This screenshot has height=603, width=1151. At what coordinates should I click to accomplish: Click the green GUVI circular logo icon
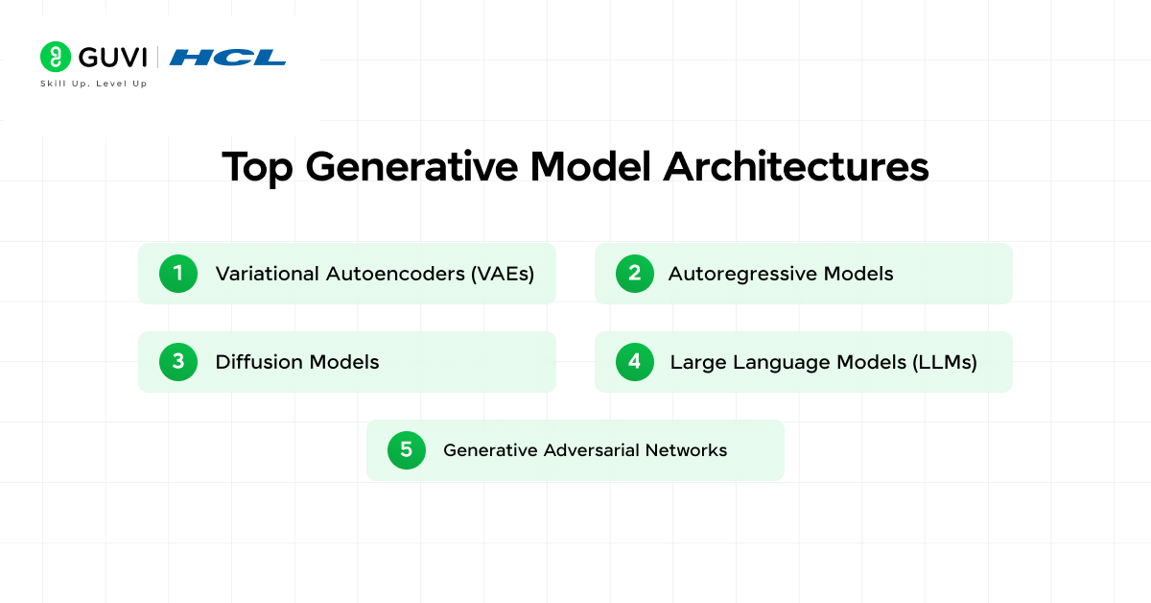(56, 57)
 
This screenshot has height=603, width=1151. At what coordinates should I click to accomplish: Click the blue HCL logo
(227, 58)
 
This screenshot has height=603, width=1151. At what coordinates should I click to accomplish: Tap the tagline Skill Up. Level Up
(93, 84)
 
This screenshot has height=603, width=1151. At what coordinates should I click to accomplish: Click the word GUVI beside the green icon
(112, 58)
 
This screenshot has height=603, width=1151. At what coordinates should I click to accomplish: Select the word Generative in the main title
(413, 167)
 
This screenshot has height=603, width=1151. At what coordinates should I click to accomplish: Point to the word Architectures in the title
(796, 167)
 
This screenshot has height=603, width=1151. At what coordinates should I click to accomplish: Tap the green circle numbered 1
(177, 274)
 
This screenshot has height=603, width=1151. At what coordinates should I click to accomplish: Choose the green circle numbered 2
(634, 274)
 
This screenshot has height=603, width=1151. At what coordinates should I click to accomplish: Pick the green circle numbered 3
(177, 362)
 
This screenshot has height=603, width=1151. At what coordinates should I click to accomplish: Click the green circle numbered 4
(634, 362)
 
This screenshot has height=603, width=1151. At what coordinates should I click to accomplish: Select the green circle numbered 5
(406, 449)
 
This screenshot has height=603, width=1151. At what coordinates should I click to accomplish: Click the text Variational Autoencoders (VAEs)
(374, 274)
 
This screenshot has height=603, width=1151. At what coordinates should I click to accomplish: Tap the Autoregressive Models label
(781, 274)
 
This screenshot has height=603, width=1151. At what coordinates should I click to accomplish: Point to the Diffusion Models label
(297, 362)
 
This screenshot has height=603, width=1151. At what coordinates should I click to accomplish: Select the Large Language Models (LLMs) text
(823, 362)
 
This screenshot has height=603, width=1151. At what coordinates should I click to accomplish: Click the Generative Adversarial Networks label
(585, 449)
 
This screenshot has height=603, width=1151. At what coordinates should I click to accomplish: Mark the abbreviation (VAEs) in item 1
(502, 274)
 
